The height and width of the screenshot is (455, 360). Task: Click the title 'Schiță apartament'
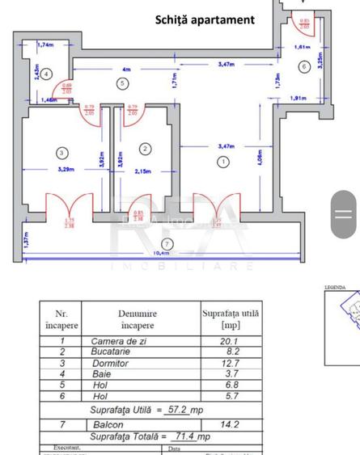click(205, 19)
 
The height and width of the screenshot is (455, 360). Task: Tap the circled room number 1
click(223, 162)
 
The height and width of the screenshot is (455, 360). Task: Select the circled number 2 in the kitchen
click(145, 149)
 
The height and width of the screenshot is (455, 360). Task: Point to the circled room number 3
click(61, 152)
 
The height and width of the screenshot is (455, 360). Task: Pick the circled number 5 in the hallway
click(122, 82)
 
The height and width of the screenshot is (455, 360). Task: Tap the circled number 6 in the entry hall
click(304, 66)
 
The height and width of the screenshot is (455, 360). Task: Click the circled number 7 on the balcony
click(167, 244)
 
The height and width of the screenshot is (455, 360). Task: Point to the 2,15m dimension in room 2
click(145, 171)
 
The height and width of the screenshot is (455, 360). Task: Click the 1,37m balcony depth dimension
click(24, 240)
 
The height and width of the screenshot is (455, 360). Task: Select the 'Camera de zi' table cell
click(124, 341)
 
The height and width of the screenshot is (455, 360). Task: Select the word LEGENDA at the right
click(334, 287)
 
